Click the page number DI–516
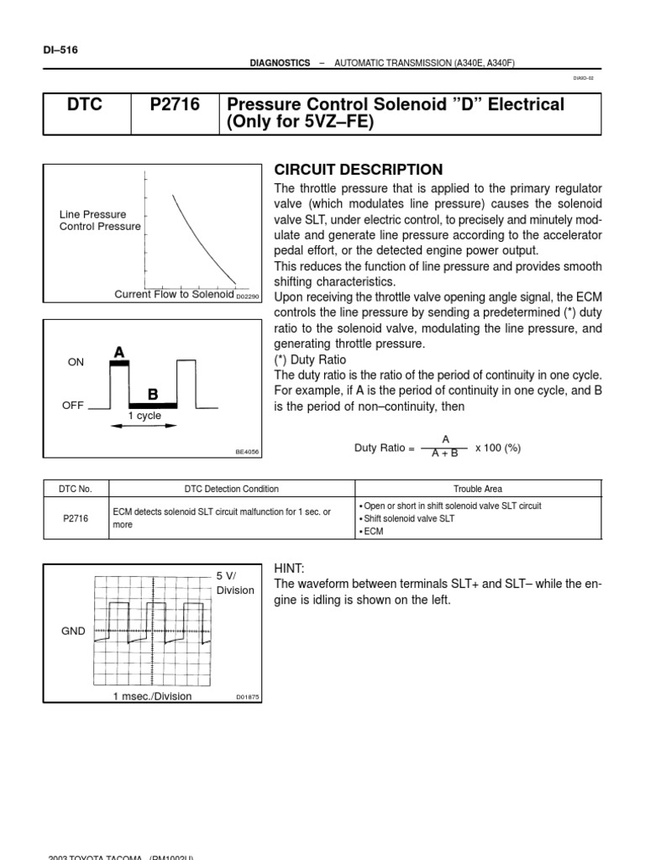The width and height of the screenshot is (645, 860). [60, 50]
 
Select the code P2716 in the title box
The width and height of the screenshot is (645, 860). [174, 104]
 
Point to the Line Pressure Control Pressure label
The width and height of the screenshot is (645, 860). [100, 221]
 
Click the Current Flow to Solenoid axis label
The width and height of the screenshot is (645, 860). [174, 294]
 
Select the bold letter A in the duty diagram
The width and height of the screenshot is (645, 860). [120, 353]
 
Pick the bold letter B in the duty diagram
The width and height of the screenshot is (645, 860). [153, 394]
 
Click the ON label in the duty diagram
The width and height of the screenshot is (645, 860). [76, 362]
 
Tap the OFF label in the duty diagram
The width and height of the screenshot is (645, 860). [74, 405]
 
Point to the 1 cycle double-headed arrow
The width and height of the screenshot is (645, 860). [144, 425]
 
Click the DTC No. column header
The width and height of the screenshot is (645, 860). [76, 489]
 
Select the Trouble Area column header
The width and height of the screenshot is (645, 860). [478, 489]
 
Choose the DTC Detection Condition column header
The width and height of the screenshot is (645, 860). [232, 489]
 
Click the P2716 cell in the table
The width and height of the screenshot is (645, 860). [76, 519]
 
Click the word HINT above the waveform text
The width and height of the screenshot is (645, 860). [290, 569]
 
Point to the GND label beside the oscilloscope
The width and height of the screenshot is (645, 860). [74, 631]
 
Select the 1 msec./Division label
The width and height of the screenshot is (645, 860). [153, 696]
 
